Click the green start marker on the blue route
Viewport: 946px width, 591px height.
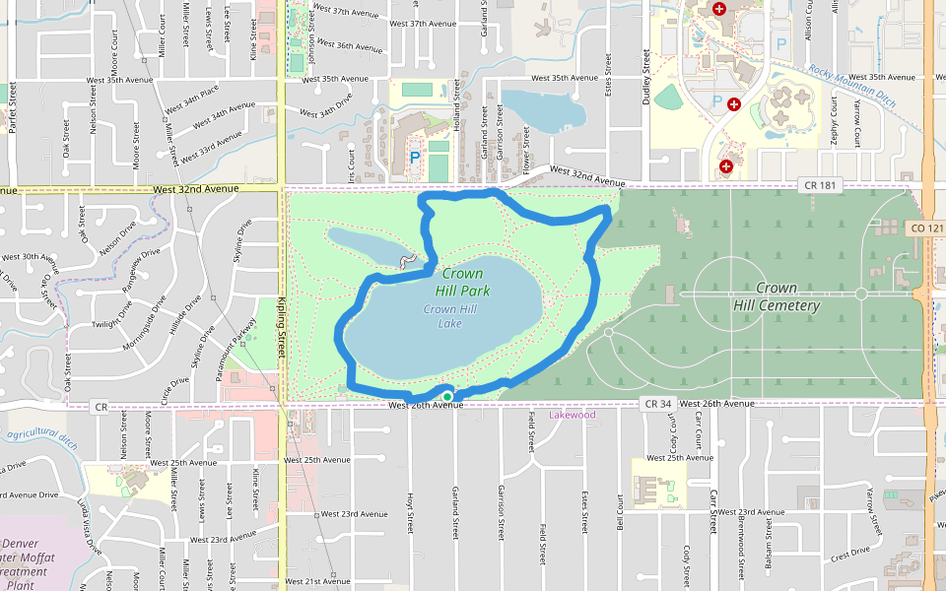tap(447, 397)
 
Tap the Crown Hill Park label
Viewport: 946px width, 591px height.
tap(462, 282)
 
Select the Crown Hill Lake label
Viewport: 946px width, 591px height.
tap(449, 315)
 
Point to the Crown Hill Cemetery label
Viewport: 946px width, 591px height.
tap(776, 296)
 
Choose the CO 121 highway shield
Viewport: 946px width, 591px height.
tap(924, 228)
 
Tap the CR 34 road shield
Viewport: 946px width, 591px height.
tap(657, 404)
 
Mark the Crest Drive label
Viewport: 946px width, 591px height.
tap(849, 554)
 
